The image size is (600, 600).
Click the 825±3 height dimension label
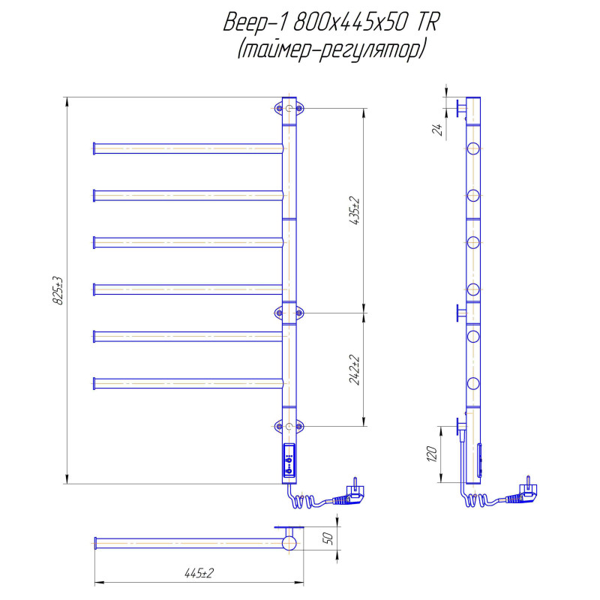[x=58, y=290]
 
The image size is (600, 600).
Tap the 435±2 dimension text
[x=355, y=210]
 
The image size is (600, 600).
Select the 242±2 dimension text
[x=355, y=370]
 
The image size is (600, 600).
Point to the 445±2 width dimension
[x=199, y=573]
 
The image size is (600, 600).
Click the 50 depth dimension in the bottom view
[x=328, y=538]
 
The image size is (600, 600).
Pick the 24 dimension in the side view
[x=437, y=130]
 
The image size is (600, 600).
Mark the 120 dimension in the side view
[x=432, y=454]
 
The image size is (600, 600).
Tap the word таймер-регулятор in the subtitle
[x=331, y=50]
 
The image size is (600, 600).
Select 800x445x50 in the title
[x=349, y=22]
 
